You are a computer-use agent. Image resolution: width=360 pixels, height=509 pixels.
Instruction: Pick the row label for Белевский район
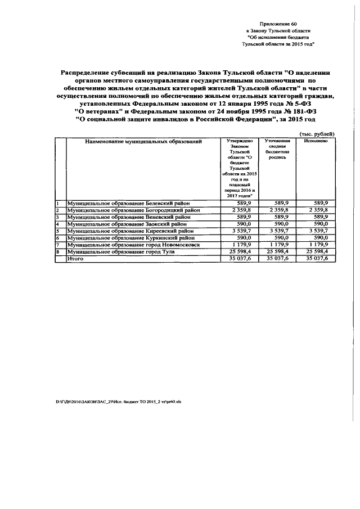[128, 202]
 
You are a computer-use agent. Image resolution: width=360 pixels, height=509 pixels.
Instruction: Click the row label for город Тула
[121, 251]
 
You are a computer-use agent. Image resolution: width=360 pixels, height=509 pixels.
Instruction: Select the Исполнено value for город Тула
[316, 251]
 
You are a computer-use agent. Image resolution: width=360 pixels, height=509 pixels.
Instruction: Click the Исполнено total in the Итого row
[316, 259]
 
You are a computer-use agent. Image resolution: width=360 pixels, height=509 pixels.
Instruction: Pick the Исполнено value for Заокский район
[319, 223]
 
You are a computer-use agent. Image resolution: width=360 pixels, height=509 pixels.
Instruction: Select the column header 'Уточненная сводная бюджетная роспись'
[277, 150]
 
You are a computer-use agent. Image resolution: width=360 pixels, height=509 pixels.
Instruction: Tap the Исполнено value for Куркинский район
[319, 238]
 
